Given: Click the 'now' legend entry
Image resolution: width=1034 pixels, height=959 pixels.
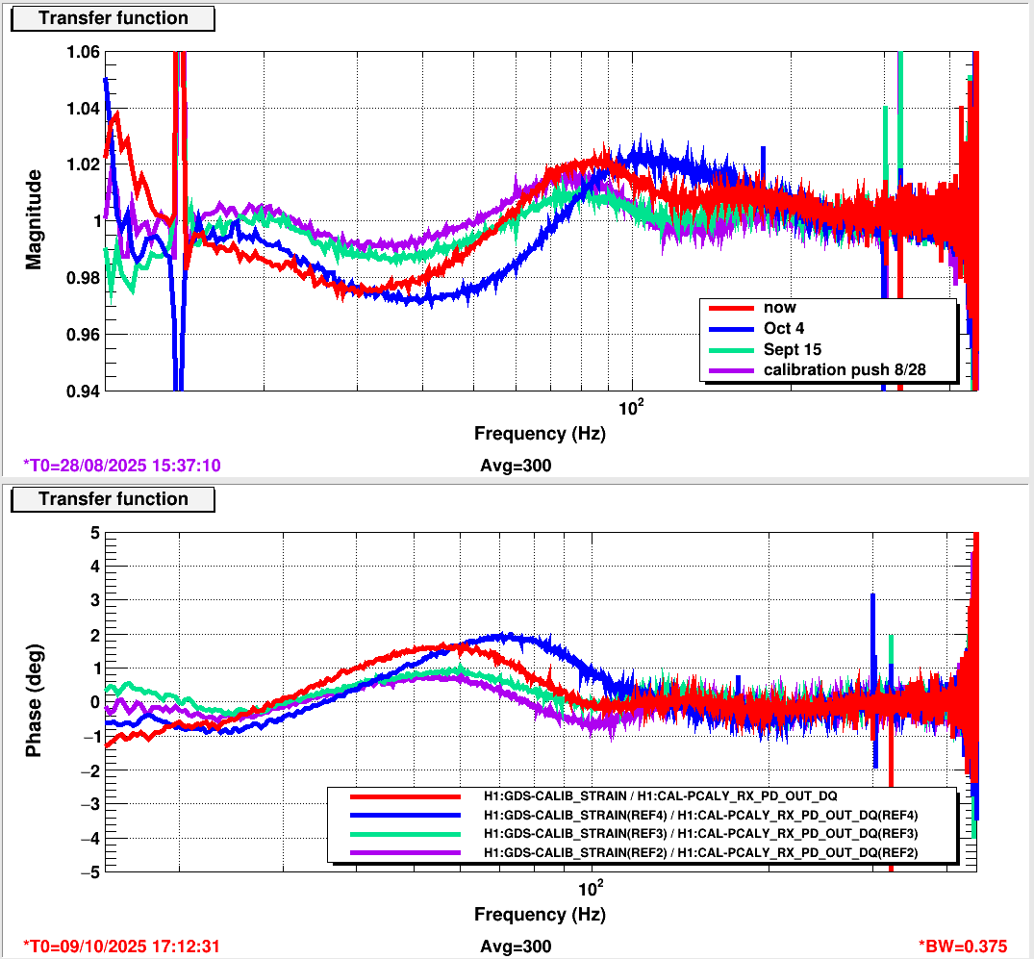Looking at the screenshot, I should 780,308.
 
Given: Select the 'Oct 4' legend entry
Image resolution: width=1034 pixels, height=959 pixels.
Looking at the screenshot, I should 785,328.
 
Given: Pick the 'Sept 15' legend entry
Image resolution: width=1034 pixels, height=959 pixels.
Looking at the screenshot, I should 791,348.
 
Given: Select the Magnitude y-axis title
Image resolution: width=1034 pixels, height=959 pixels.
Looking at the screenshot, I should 35,219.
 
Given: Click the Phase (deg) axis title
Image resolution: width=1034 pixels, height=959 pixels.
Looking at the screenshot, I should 35,700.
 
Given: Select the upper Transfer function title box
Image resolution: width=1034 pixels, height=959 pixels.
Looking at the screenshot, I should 113,18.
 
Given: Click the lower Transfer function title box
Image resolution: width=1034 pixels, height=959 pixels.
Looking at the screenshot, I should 113,499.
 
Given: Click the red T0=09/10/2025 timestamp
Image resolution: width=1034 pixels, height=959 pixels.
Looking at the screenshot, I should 121,946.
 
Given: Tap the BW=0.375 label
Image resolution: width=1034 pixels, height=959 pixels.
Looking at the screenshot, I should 971,946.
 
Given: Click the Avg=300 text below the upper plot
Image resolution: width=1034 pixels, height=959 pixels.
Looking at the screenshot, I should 516,466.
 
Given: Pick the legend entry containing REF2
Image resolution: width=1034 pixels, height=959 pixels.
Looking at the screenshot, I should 701,853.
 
